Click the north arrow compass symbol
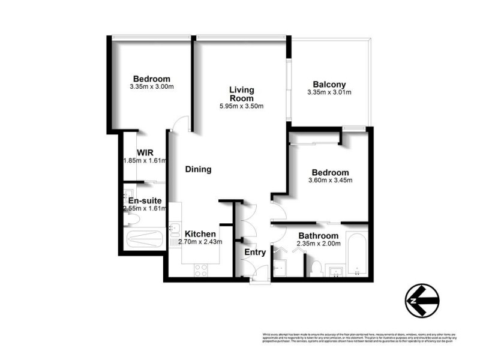click(x=422, y=298)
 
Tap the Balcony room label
click(x=329, y=85)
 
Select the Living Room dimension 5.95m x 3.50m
click(x=241, y=106)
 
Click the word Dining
click(x=198, y=169)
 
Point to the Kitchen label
click(x=200, y=234)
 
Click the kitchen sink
click(x=174, y=229)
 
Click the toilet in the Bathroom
click(x=316, y=266)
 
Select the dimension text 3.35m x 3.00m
click(x=151, y=87)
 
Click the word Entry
click(x=255, y=253)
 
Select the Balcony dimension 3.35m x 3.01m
click(x=329, y=92)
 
